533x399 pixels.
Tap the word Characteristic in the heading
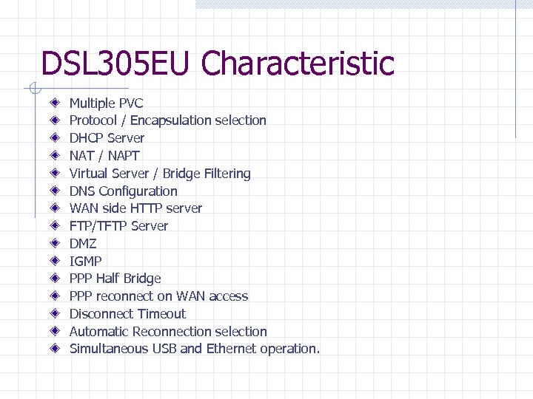point(298,64)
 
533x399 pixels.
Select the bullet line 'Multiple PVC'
point(106,103)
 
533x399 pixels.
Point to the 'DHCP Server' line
point(107,138)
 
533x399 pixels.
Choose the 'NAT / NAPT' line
point(104,156)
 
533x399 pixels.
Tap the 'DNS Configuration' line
point(123,191)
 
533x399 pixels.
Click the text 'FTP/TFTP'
point(97,226)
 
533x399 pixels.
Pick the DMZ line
point(83,244)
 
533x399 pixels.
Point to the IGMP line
point(85,261)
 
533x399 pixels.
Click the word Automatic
point(99,332)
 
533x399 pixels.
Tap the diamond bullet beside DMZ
point(56,243)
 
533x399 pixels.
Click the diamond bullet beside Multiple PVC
point(56,103)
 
